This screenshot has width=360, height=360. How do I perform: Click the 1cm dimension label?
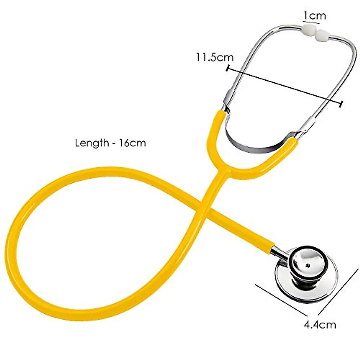point(314,15)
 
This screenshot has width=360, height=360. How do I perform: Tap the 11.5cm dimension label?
point(215,57)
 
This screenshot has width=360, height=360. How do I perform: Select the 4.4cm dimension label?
point(320,324)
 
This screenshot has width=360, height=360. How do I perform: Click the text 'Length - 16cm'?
point(110,143)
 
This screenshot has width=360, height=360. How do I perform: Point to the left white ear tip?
point(309,30)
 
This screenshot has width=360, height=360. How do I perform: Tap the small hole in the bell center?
point(308,265)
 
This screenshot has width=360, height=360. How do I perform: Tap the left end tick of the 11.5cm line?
point(228,68)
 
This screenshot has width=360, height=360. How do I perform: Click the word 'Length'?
point(92,143)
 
